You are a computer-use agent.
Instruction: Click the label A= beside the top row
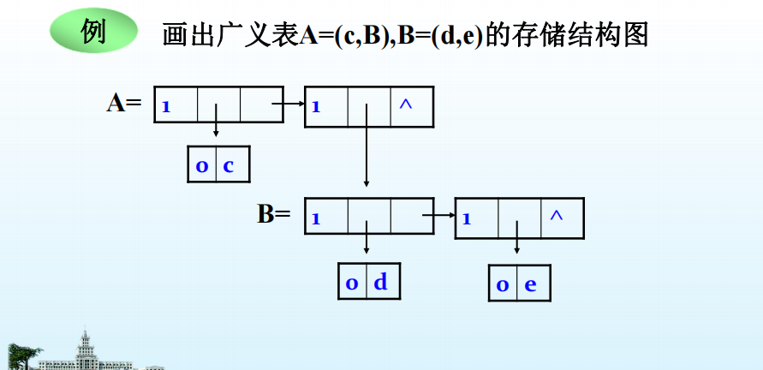point(123,104)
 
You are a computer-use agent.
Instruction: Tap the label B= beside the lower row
point(274,213)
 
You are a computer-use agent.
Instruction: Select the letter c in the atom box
point(229,165)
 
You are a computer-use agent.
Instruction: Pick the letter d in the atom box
point(380,282)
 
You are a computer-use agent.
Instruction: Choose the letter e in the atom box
point(530,284)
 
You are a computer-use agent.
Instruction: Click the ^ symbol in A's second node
point(406,104)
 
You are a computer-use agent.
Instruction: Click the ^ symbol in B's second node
point(557,215)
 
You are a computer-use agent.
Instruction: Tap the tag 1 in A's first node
point(166,108)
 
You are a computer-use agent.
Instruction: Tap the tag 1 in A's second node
point(316,108)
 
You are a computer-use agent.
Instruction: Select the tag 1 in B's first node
point(316,218)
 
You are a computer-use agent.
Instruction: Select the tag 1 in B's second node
point(467,218)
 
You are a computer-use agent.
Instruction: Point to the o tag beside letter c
point(202,166)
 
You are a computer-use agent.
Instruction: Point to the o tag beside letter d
point(352,283)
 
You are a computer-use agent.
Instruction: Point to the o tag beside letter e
point(503,285)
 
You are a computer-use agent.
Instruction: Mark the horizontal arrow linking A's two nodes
point(289,104)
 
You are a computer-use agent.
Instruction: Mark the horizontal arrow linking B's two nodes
point(439,215)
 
